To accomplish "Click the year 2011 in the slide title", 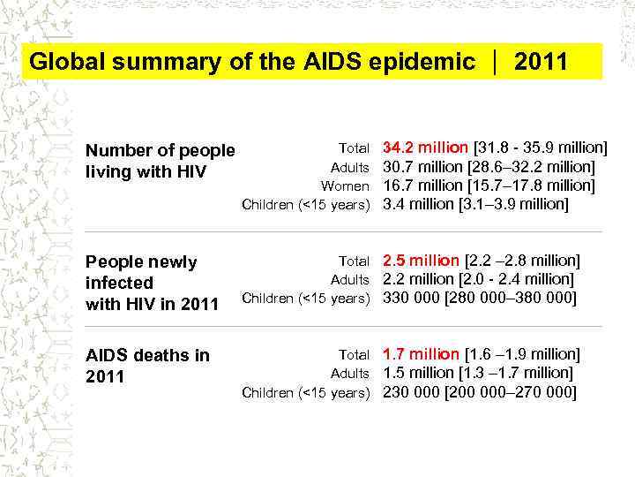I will [x=541, y=62].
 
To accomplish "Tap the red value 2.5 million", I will [x=421, y=261].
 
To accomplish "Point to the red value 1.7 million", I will [x=421, y=354].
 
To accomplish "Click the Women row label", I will [x=345, y=185].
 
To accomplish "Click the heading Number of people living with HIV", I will [x=160, y=161].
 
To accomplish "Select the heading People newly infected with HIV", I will [x=151, y=283].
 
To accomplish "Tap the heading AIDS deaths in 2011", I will [x=146, y=366].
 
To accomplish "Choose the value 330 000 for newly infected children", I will [x=409, y=299].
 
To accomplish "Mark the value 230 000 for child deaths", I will [x=409, y=392].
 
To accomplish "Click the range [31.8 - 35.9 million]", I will [x=541, y=147].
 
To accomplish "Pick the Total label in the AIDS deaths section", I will [x=354, y=355].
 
